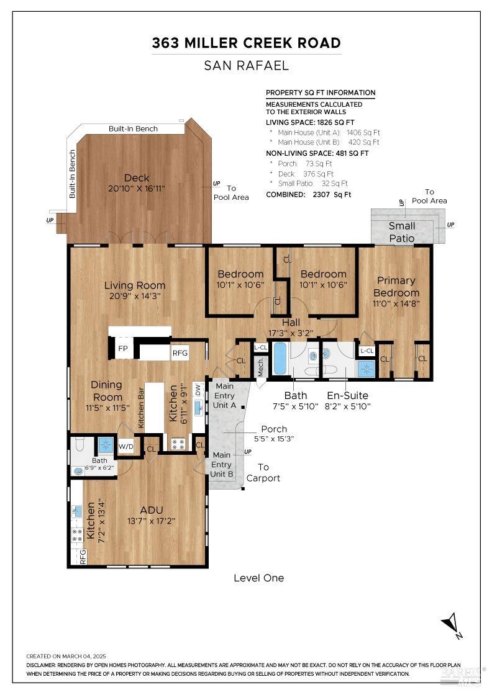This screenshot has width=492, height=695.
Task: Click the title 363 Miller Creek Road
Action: [246, 43]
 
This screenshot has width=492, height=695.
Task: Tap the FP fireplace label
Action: [123, 348]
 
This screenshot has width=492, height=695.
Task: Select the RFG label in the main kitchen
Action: [180, 353]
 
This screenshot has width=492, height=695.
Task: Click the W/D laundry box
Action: [125, 446]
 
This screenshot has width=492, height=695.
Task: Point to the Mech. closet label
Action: [261, 367]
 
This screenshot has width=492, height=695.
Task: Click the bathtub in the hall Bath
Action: [280, 358]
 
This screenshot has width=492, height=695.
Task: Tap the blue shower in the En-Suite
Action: [367, 369]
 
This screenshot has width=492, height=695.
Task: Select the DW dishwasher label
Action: [198, 390]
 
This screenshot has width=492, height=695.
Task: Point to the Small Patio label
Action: [402, 232]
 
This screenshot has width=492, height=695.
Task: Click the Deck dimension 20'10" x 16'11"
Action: [137, 189]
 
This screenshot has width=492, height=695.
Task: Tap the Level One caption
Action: [258, 578]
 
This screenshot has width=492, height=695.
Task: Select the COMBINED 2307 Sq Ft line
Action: [308, 195]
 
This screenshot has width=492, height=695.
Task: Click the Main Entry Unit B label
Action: [221, 465]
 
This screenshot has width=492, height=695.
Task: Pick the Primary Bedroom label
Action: [396, 286]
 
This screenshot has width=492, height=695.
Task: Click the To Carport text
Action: [263, 472]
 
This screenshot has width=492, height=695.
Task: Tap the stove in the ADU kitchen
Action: [77, 535]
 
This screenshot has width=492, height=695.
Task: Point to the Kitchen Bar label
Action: [141, 408]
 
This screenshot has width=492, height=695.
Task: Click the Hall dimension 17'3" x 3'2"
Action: [291, 333]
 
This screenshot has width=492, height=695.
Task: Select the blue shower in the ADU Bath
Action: [106, 445]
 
